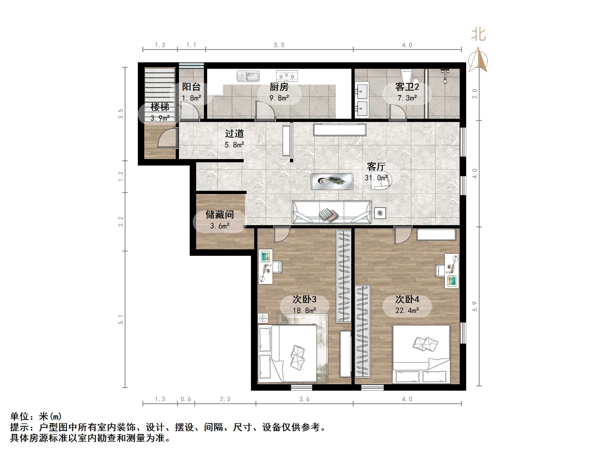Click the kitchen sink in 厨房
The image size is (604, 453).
248,76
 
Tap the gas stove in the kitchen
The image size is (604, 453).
287,76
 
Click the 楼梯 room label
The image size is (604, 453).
160,107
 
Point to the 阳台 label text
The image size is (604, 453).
191,87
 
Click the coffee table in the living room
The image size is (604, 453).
332,182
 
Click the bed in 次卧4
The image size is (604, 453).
421,354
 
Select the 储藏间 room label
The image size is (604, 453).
220,215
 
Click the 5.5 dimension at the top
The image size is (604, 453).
279,45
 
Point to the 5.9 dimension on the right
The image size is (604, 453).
475,306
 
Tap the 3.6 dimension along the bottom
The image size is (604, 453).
304,399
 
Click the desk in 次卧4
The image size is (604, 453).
452,271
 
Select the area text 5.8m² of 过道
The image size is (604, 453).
234,145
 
